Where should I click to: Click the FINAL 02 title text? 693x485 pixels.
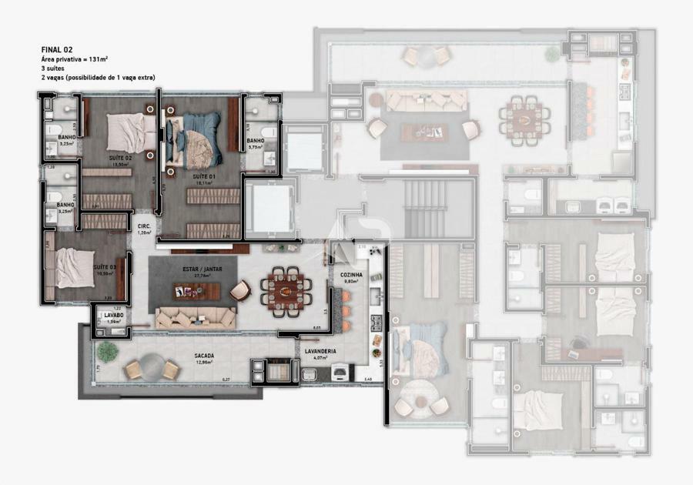click(57, 49)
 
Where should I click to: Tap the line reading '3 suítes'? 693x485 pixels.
click(54, 69)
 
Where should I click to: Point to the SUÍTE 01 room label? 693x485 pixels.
click(204, 176)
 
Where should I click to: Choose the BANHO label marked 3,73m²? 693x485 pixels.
click(256, 141)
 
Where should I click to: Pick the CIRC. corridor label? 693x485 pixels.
click(143, 226)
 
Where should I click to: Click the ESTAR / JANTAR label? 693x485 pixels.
click(203, 269)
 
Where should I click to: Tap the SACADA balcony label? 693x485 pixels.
click(204, 355)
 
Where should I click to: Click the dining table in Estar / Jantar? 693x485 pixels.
click(287, 290)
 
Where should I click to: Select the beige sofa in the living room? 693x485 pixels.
click(196, 317)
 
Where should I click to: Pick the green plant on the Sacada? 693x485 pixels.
click(106, 351)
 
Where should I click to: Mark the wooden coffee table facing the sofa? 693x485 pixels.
click(196, 292)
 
